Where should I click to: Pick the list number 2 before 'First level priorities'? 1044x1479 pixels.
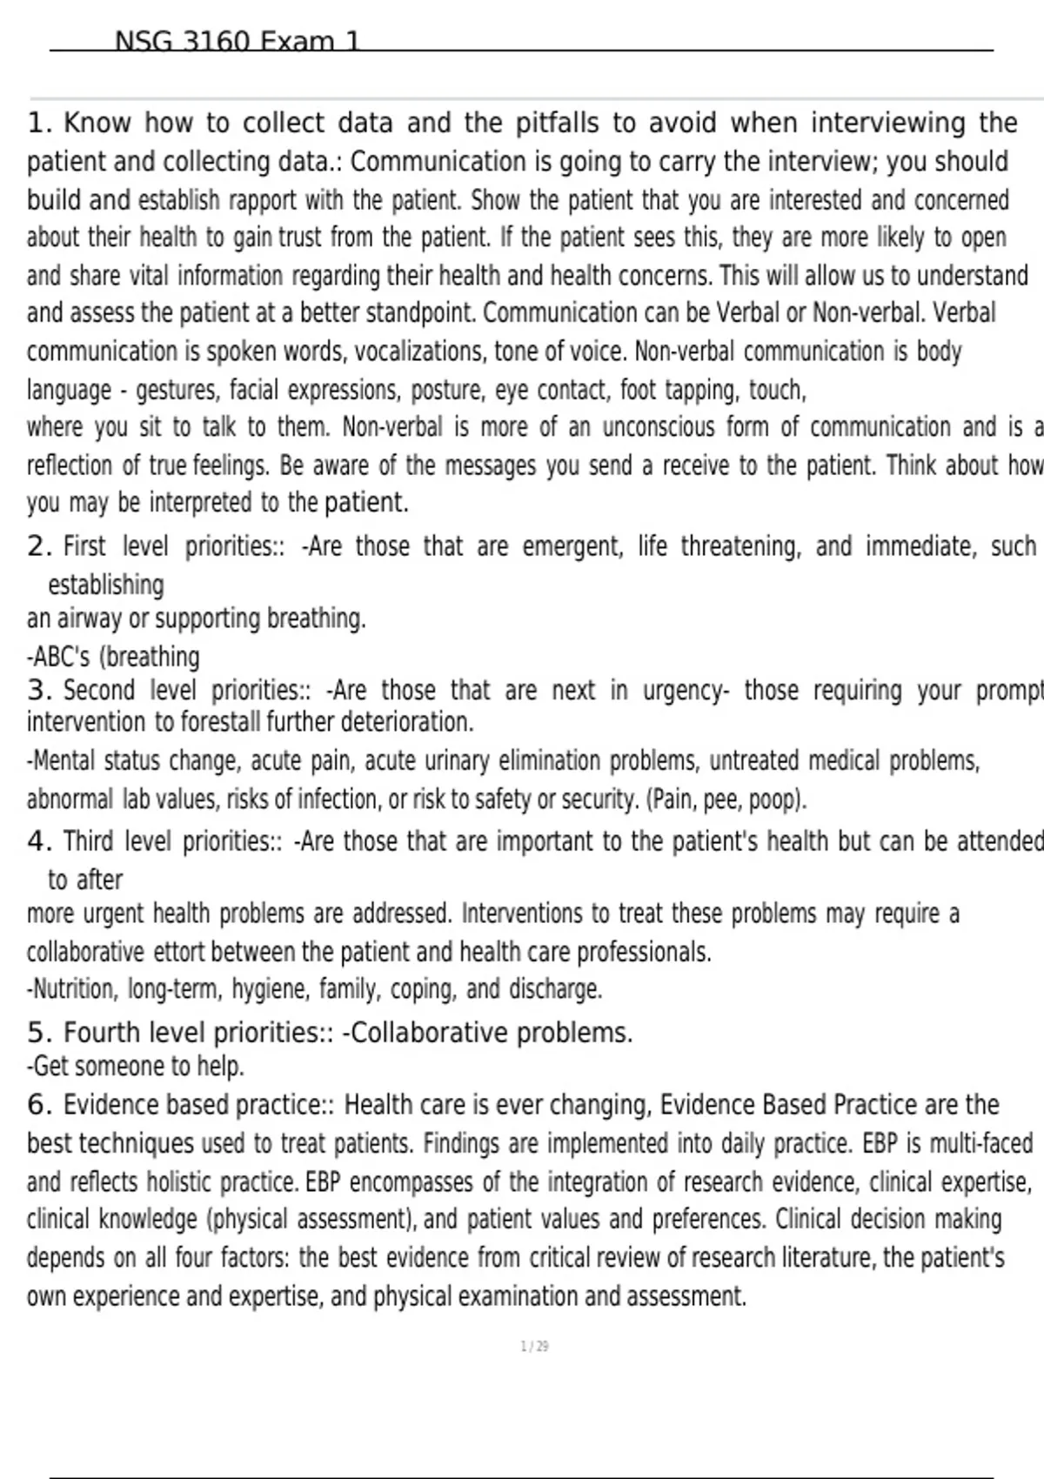coord(37,546)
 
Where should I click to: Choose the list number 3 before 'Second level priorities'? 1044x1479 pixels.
coord(37,690)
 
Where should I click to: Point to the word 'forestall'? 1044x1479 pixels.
coord(219,722)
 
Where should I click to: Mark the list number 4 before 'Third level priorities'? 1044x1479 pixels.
coord(37,841)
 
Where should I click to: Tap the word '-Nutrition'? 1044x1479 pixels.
coord(71,989)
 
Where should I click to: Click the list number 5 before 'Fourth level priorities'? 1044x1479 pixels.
coord(37,1033)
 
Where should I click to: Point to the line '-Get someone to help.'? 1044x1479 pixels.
coord(136,1066)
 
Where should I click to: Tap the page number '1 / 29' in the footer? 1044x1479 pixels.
coord(534,1346)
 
